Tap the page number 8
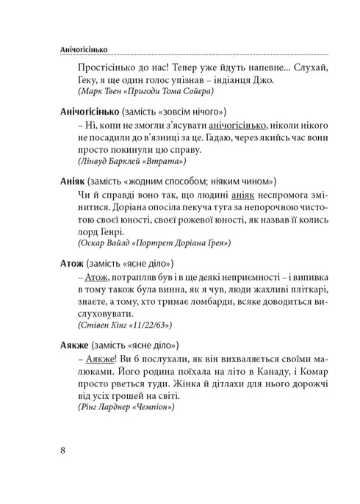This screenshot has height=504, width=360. [x=65, y=450]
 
